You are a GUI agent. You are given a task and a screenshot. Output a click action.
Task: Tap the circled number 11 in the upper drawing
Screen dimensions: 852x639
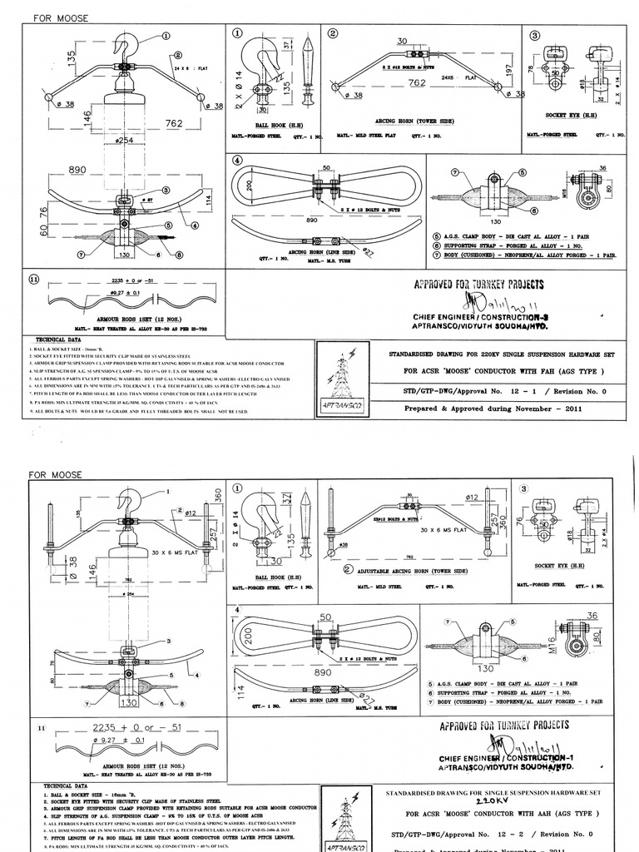pos(34,280)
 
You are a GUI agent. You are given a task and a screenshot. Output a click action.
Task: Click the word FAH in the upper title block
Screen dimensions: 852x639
pos(530,370)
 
